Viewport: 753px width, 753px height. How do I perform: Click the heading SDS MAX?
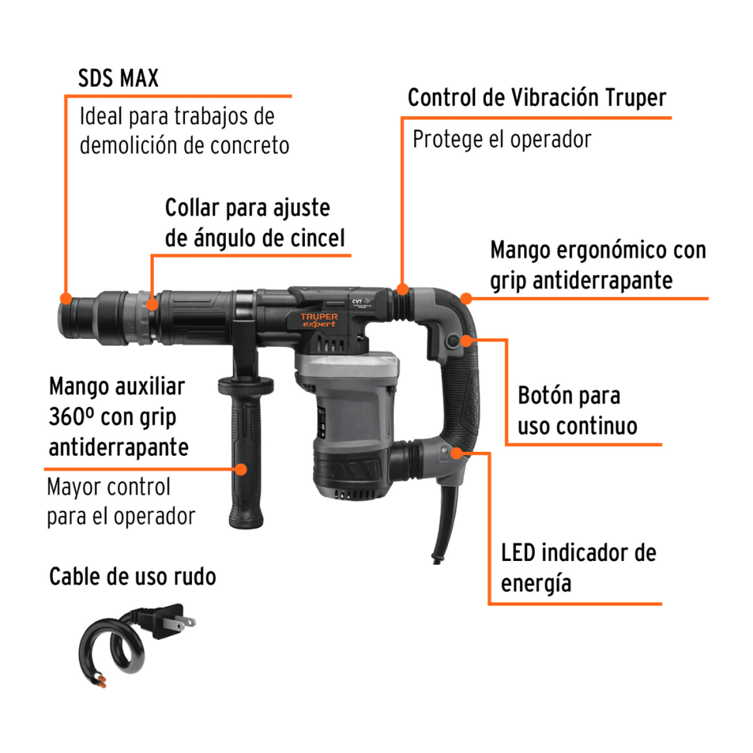tap(118, 78)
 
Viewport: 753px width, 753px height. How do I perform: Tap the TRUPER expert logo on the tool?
tap(319, 320)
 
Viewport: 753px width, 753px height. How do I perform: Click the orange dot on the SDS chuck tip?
tap(65, 299)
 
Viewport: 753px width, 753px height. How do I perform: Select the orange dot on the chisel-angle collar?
tap(152, 305)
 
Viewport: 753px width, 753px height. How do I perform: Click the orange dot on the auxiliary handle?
tap(241, 469)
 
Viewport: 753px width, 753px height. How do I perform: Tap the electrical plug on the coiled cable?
tap(166, 621)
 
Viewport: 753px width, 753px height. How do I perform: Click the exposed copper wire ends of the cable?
tap(99, 680)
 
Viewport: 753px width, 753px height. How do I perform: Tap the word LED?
tap(518, 553)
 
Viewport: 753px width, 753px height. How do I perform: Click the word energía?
tap(536, 584)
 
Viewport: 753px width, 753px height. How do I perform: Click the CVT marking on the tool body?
tap(357, 301)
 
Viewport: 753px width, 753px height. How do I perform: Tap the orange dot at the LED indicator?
tap(457, 453)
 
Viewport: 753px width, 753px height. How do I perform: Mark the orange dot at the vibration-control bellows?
tap(403, 290)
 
